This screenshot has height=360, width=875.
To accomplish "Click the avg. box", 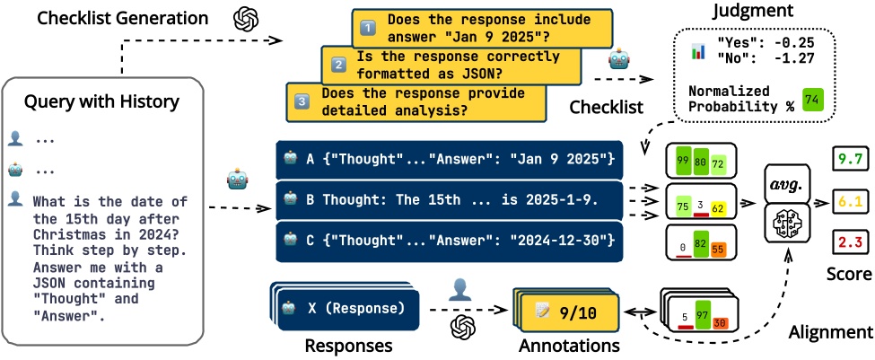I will (786, 185).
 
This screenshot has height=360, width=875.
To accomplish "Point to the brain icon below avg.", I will (786, 223).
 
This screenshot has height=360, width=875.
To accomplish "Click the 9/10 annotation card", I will (568, 312).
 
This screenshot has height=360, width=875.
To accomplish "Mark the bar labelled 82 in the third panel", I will (701, 242).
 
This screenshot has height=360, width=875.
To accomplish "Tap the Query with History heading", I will (101, 101).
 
